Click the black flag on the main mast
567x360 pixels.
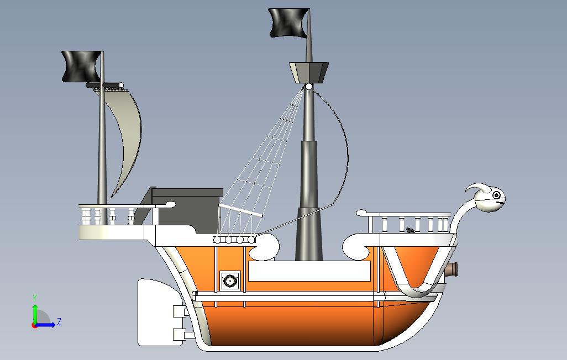[287, 23]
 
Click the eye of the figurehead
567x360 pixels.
[497, 195]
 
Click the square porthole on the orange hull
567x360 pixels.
[229, 281]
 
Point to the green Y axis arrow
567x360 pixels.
[35, 312]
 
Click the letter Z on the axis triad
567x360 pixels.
[59, 322]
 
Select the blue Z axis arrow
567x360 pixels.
[47, 324]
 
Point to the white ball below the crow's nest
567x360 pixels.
[309, 87]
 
